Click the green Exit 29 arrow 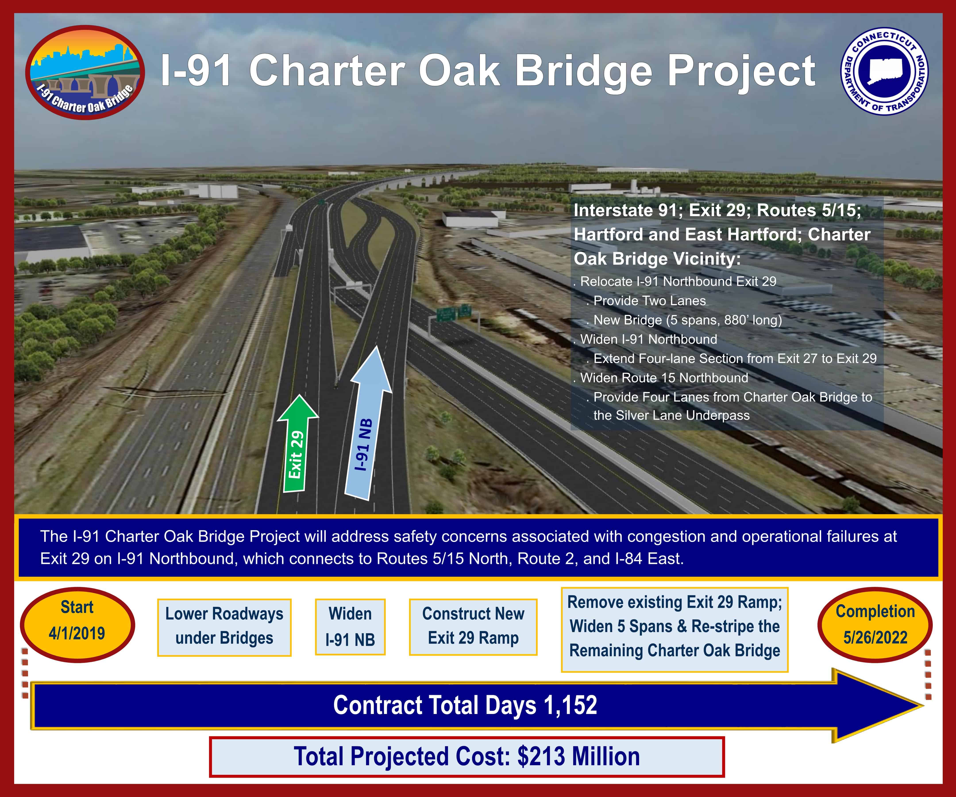pos(297,444)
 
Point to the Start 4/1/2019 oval pos(77,624)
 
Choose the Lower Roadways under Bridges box pos(224,627)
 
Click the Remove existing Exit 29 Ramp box pos(675,629)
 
